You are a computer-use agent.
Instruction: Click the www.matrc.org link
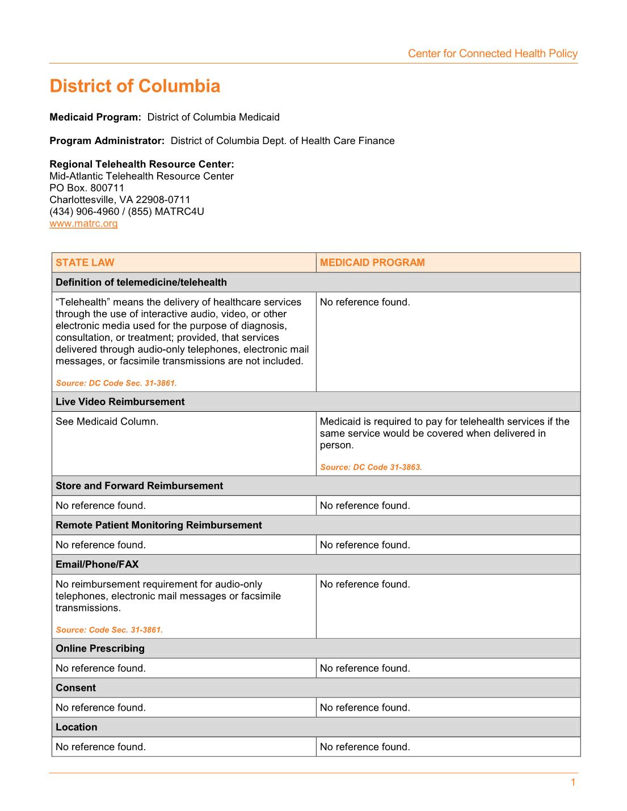(83, 223)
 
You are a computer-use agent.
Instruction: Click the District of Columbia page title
(135, 86)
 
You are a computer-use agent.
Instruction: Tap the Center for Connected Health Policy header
(493, 54)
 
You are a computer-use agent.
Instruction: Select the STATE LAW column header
(85, 263)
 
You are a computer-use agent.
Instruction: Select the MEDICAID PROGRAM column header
(372, 263)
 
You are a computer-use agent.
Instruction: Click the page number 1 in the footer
(573, 783)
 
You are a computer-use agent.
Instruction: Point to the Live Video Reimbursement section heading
(120, 402)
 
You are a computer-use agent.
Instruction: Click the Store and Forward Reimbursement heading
(139, 485)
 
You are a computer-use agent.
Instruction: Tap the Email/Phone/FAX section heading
(97, 564)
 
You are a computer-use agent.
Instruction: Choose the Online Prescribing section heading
(100, 648)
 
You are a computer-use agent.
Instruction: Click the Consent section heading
(75, 688)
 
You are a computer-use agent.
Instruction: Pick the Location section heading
(77, 727)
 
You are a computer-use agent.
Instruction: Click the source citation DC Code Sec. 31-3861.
(116, 383)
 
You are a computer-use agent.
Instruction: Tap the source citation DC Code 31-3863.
(371, 467)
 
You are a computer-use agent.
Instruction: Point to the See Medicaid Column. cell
(107, 421)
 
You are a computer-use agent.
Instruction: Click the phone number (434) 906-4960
(85, 212)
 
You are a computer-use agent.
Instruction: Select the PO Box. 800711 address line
(87, 188)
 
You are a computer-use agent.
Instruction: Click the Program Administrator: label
(107, 141)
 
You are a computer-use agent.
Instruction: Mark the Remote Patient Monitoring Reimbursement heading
(159, 525)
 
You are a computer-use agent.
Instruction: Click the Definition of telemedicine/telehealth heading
(141, 282)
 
